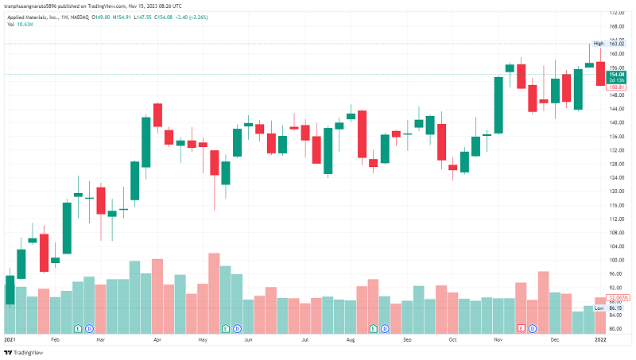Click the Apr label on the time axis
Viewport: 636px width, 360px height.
pos(157,339)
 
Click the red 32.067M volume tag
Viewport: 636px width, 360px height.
pos(618,298)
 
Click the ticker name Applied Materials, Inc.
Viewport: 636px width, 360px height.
pos(37,16)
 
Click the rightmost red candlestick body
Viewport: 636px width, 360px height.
pos(600,74)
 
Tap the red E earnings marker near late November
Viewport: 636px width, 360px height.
pos(522,327)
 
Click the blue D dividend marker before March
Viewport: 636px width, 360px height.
pos(89,327)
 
